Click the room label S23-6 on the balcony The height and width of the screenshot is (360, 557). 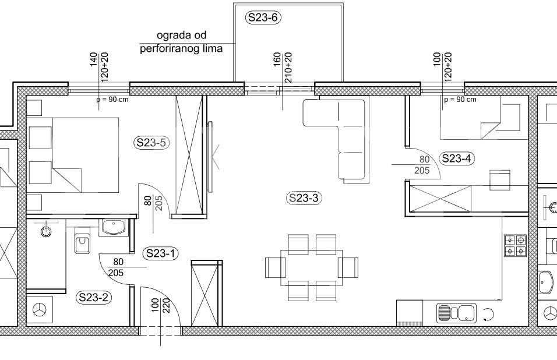tap(263, 17)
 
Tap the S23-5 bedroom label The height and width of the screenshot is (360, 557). tap(151, 143)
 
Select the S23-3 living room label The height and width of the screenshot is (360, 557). tap(304, 197)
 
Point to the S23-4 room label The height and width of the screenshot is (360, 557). tap(457, 158)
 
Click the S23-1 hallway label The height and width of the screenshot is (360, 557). tap(161, 253)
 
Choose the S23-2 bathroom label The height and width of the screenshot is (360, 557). tap(93, 297)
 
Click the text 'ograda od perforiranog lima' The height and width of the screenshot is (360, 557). tap(181, 41)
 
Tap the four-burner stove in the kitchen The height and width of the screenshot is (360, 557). tap(515, 246)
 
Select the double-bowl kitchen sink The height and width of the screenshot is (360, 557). tap(456, 313)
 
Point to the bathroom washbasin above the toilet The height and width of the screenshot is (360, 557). tap(113, 227)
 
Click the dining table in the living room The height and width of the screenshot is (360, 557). tap(312, 268)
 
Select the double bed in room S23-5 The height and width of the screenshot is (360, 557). tap(73, 155)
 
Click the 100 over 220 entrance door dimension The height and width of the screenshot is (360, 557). tap(161, 305)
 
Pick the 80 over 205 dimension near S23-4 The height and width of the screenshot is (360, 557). tap(422, 165)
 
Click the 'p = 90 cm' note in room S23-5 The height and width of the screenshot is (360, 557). tap(112, 100)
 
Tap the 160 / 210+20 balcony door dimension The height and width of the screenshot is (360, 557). tap(283, 68)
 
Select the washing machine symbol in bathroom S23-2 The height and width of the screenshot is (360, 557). tap(40, 310)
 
